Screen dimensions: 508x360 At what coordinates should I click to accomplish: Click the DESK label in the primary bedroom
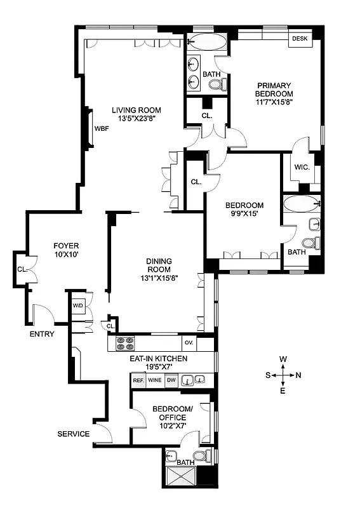tap(300, 39)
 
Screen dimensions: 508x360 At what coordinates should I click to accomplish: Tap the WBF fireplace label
tap(102, 128)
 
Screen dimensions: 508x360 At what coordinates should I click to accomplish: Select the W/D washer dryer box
tap(78, 305)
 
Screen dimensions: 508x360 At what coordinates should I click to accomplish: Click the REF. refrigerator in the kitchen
tap(138, 381)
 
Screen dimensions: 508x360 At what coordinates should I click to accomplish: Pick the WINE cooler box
tap(155, 381)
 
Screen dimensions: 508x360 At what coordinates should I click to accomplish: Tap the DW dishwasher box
tap(171, 381)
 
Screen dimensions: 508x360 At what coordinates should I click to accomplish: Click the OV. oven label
tap(189, 342)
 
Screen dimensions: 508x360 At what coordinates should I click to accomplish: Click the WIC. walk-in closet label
tap(301, 168)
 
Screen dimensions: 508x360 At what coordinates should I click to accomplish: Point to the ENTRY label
tap(42, 334)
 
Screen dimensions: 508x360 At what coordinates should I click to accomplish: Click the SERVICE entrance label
tap(73, 434)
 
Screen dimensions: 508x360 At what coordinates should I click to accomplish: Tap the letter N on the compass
tap(298, 375)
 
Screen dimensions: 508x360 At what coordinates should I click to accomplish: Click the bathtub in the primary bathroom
tap(207, 43)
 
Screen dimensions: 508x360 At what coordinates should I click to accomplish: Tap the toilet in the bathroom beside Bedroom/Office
tap(199, 456)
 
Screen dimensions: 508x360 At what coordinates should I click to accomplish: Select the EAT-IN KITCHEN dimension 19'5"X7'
tap(159, 367)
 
